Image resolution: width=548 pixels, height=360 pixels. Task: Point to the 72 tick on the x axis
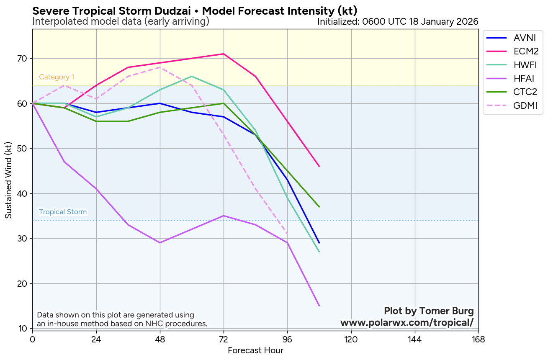[224, 339]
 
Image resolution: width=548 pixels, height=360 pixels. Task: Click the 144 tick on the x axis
[414, 339]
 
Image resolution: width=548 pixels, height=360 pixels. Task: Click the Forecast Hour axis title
[255, 351]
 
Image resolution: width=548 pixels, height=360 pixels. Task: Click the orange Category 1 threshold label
[57, 77]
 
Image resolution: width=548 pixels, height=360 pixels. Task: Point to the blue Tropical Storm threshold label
[63, 212]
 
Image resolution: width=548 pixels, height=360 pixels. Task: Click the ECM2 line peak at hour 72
[224, 54]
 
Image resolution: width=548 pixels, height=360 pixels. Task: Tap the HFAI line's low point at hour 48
[160, 243]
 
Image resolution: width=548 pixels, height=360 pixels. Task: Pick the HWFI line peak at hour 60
[192, 76]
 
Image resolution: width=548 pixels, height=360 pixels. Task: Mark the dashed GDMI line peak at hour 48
[160, 67]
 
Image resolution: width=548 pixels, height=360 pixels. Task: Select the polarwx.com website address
[407, 323]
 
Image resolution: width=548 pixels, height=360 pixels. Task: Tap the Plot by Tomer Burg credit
[429, 311]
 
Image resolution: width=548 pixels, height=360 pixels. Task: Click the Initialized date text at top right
[398, 21]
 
